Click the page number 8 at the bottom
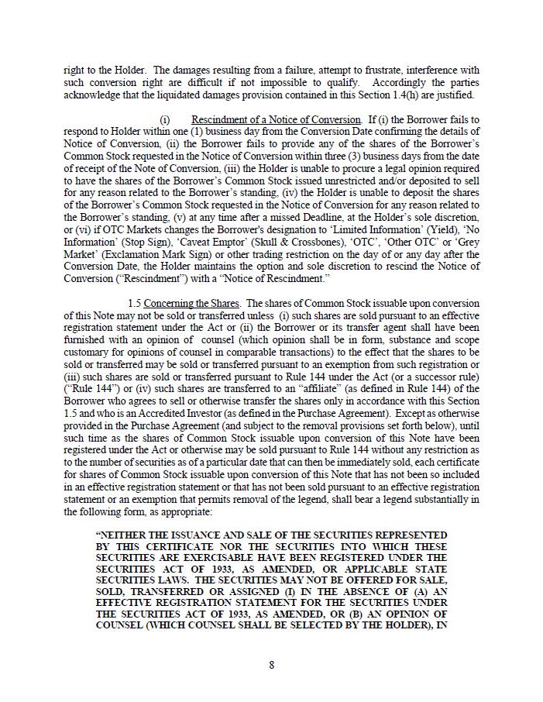pyautogui.click(x=271, y=664)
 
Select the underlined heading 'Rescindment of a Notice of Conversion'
pyautogui.click(x=276, y=119)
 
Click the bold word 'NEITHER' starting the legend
pyautogui.click(x=126, y=535)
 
